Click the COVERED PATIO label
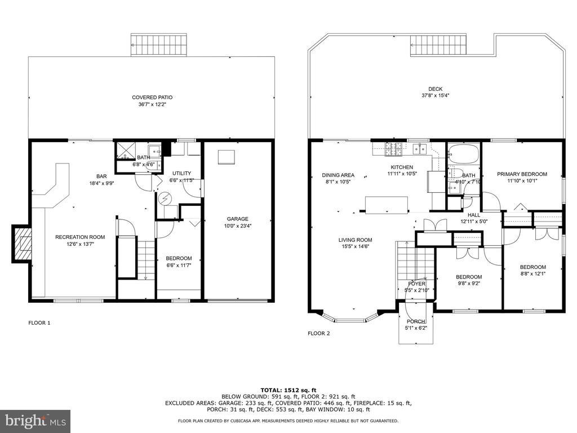(152, 98)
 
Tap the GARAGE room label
(237, 219)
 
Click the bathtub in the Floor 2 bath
(464, 153)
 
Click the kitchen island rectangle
(387, 205)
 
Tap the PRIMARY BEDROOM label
(522, 174)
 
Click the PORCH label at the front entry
(416, 321)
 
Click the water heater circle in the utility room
(164, 199)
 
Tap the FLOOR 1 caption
(39, 323)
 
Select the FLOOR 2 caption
(319, 334)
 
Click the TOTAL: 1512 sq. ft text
(288, 390)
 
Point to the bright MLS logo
(35, 420)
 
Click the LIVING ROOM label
(355, 240)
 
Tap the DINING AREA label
(338, 175)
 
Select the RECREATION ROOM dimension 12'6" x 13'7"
(80, 244)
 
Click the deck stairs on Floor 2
(438, 46)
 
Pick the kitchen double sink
(420, 149)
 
